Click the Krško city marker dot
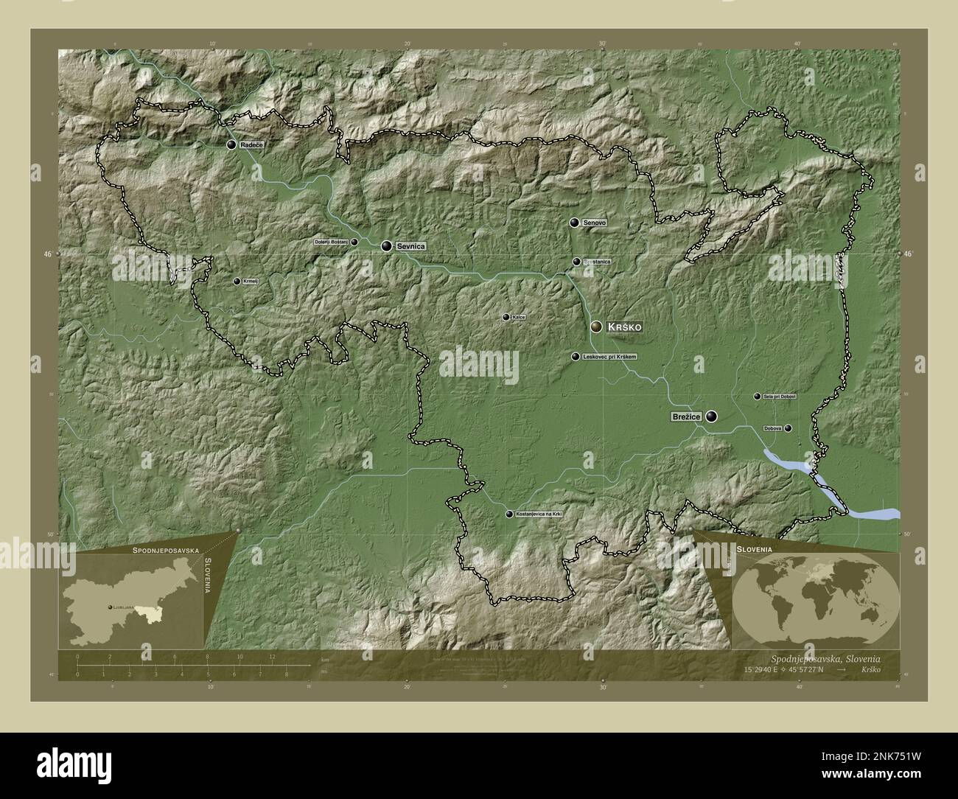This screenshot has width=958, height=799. (596, 327)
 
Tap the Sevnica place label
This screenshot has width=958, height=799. (410, 246)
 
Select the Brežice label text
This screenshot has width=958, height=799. (686, 417)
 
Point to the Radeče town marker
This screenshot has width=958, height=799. (231, 145)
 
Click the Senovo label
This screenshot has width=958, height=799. (594, 223)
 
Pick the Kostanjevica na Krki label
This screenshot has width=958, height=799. (539, 514)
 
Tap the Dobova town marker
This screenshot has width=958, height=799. (788, 428)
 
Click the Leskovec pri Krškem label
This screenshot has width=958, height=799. (609, 357)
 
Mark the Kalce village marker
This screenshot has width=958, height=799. (506, 318)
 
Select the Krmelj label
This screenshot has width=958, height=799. (251, 282)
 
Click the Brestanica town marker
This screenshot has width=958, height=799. (576, 262)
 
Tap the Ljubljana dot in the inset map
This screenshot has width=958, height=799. (110, 607)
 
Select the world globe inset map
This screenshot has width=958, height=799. (815, 599)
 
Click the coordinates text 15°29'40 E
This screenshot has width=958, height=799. (767, 670)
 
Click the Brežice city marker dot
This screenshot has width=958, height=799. (711, 417)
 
